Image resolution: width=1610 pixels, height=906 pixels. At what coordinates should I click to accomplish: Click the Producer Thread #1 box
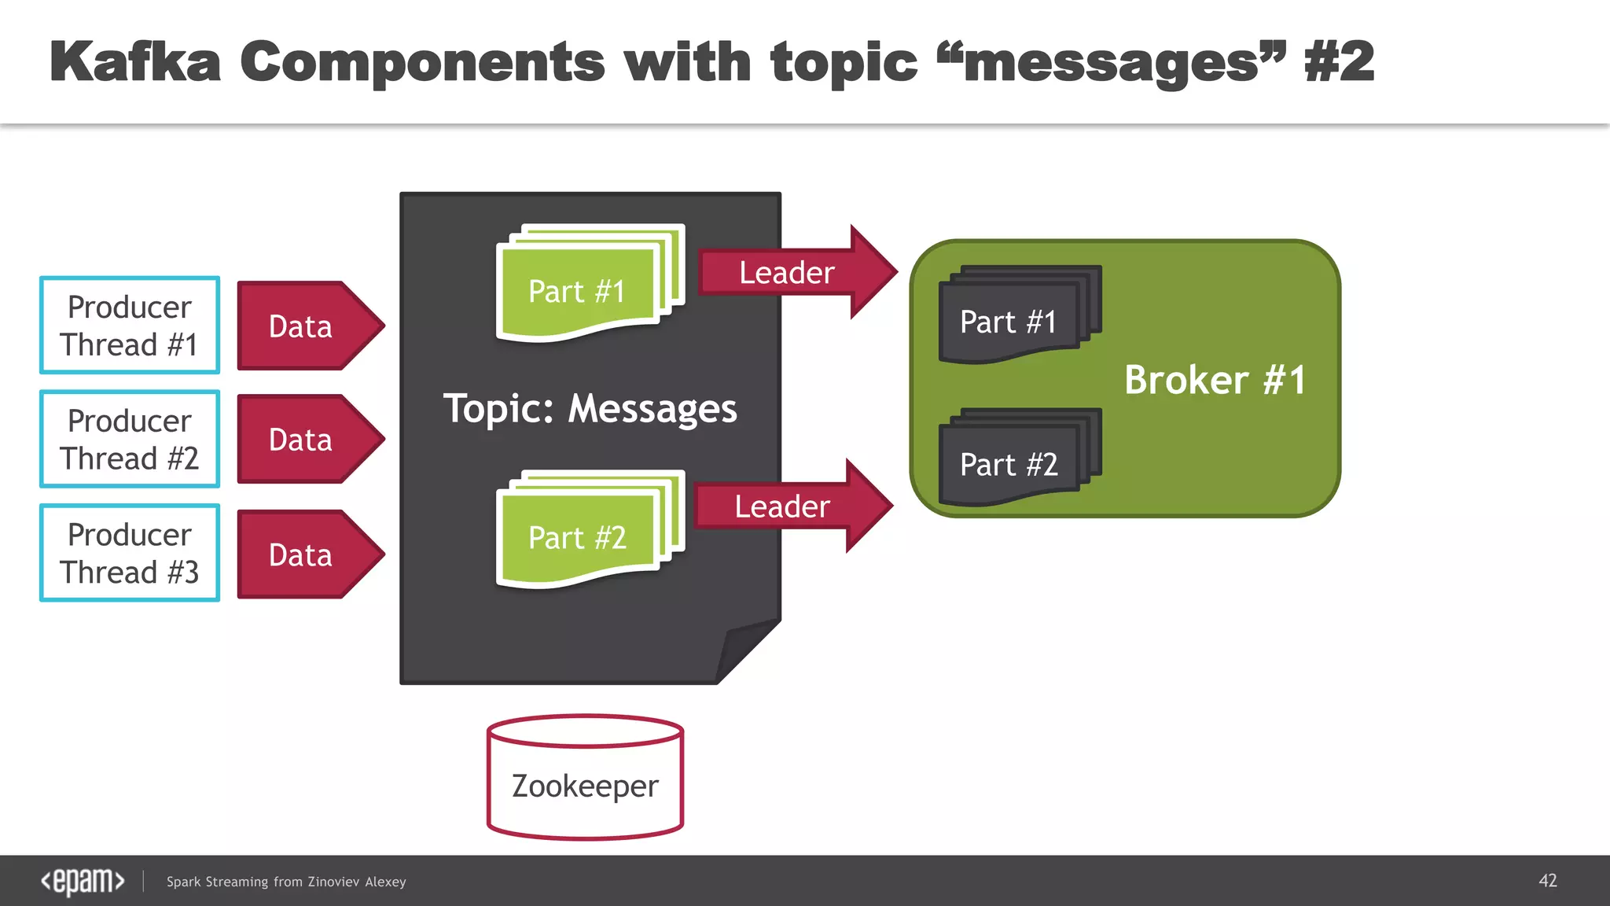(x=130, y=326)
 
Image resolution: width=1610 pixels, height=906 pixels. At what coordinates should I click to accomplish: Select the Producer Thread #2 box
(x=130, y=439)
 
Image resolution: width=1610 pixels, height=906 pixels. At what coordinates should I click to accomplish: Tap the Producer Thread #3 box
(x=130, y=553)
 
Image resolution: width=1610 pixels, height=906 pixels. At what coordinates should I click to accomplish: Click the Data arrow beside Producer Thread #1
(x=303, y=326)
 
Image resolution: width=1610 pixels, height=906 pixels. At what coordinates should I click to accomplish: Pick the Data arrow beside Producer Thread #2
(x=303, y=439)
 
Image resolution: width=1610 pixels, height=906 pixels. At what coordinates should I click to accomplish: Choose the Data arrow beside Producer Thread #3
(x=303, y=554)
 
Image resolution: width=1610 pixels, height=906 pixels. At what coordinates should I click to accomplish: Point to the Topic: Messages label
(x=590, y=409)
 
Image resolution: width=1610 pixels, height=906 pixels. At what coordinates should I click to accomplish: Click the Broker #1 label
(x=1215, y=380)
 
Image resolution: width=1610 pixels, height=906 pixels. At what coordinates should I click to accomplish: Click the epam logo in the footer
(x=83, y=881)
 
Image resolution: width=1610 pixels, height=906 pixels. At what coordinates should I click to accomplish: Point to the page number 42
(x=1547, y=881)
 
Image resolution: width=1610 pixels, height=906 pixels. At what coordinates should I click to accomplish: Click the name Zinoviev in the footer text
(x=333, y=882)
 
